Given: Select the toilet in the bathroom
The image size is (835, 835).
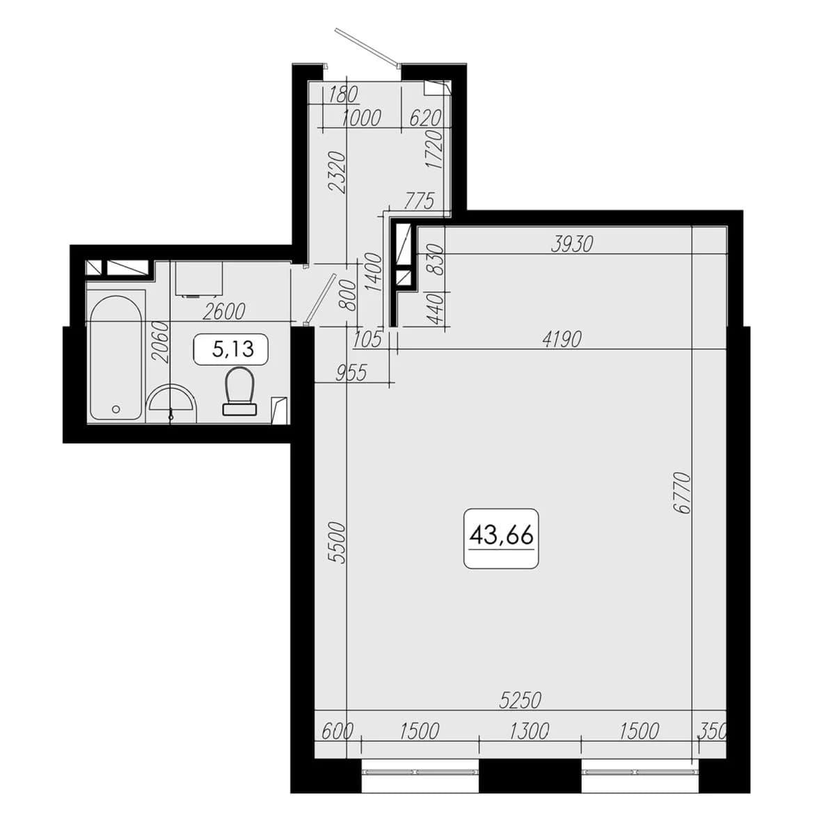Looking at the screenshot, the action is pyautogui.click(x=239, y=391).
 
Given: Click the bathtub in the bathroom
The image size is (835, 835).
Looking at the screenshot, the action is pyautogui.click(x=116, y=358).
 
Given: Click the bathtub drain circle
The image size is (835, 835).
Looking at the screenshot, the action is pyautogui.click(x=116, y=408).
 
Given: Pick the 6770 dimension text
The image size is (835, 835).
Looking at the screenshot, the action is pyautogui.click(x=683, y=493).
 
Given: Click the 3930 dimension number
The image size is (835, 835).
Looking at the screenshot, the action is pyautogui.click(x=572, y=245).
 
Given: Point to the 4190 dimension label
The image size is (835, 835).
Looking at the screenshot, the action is pyautogui.click(x=562, y=340).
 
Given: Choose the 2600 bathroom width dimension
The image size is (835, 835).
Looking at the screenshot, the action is pyautogui.click(x=223, y=312).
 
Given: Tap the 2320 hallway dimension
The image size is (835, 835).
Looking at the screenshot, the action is pyautogui.click(x=337, y=172).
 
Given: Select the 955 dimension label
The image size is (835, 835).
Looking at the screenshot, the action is pyautogui.click(x=351, y=373).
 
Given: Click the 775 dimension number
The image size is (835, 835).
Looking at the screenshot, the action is pyautogui.click(x=419, y=202).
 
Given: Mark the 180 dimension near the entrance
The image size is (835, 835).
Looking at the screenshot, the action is pyautogui.click(x=343, y=95).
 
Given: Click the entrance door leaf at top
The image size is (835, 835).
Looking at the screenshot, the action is pyautogui.click(x=367, y=48).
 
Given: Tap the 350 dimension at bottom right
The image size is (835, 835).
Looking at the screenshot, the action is pyautogui.click(x=712, y=731).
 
